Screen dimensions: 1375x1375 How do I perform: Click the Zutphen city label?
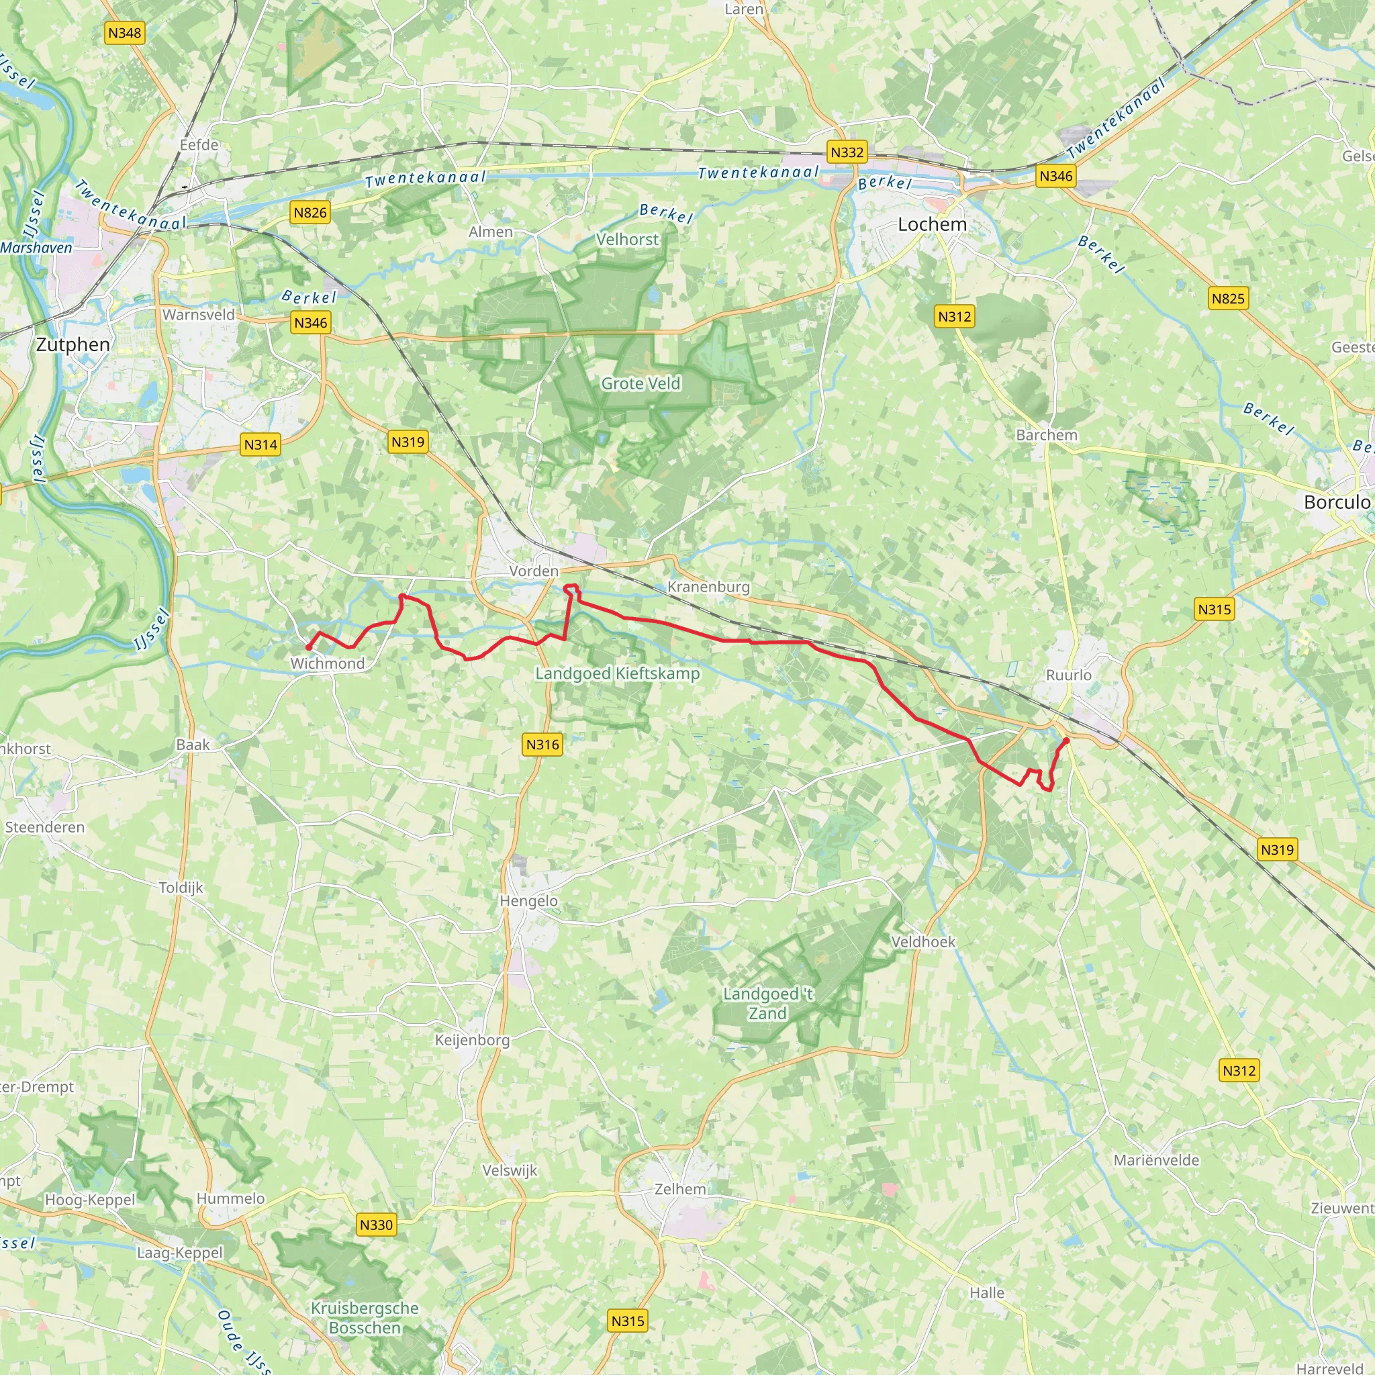click(x=73, y=345)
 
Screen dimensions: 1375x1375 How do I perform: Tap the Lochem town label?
click(x=932, y=225)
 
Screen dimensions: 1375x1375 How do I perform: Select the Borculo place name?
click(x=1337, y=502)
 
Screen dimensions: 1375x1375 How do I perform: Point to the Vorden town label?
click(x=534, y=571)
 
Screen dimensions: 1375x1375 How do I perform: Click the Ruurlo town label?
click(x=1068, y=675)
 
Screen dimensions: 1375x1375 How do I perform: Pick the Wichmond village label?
click(x=328, y=663)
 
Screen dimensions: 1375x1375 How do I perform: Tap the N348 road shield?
click(x=125, y=33)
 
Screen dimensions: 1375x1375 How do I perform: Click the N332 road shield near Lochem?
click(x=847, y=152)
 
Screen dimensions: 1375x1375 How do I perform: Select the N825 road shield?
click(x=1228, y=299)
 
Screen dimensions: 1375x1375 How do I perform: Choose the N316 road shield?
click(x=542, y=745)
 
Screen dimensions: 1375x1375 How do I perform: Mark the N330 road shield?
click(x=376, y=1225)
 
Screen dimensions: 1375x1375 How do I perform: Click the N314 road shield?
click(x=260, y=445)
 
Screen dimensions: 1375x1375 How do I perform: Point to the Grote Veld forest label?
click(x=641, y=383)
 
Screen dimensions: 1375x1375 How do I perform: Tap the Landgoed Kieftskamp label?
click(x=617, y=673)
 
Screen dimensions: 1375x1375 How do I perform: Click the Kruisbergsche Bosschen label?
click(x=365, y=1318)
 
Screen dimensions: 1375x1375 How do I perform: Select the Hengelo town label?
click(x=528, y=901)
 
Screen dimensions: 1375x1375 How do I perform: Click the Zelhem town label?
click(x=680, y=1189)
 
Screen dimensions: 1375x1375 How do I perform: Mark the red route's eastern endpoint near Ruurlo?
click(x=1066, y=741)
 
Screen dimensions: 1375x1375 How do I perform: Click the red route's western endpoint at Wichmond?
click(x=308, y=648)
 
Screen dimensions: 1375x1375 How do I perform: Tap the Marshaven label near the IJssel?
click(x=36, y=248)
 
